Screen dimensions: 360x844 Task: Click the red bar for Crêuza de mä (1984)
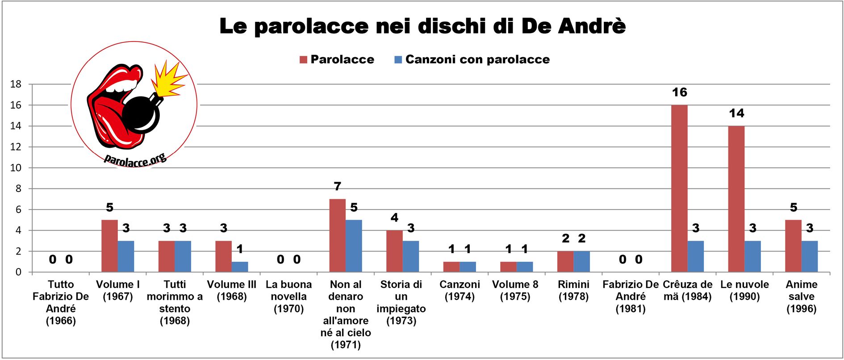tap(679, 188)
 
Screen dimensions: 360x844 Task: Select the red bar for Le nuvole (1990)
tap(736, 199)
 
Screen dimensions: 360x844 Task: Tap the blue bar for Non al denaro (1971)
tap(354, 246)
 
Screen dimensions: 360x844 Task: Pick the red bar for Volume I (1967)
tap(109, 246)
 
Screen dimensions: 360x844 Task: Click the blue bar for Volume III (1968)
tap(240, 267)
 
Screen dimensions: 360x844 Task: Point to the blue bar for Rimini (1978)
tap(581, 262)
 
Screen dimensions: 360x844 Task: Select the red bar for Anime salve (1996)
tap(793, 246)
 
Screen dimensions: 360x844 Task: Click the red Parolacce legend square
tap(304, 60)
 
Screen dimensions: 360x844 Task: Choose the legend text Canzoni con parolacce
tap(477, 59)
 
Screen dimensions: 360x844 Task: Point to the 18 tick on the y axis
tap(16, 84)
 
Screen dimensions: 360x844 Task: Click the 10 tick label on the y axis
tap(16, 168)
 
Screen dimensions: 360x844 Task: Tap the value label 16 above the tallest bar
tap(679, 92)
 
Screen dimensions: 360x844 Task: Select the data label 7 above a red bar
tap(337, 186)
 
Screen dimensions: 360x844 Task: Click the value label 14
tap(736, 113)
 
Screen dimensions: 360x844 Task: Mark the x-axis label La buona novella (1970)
tap(288, 297)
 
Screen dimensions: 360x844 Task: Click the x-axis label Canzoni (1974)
tap(460, 290)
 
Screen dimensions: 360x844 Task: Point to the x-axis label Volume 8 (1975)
tap(515, 290)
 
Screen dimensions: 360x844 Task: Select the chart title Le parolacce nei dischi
tap(422, 26)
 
